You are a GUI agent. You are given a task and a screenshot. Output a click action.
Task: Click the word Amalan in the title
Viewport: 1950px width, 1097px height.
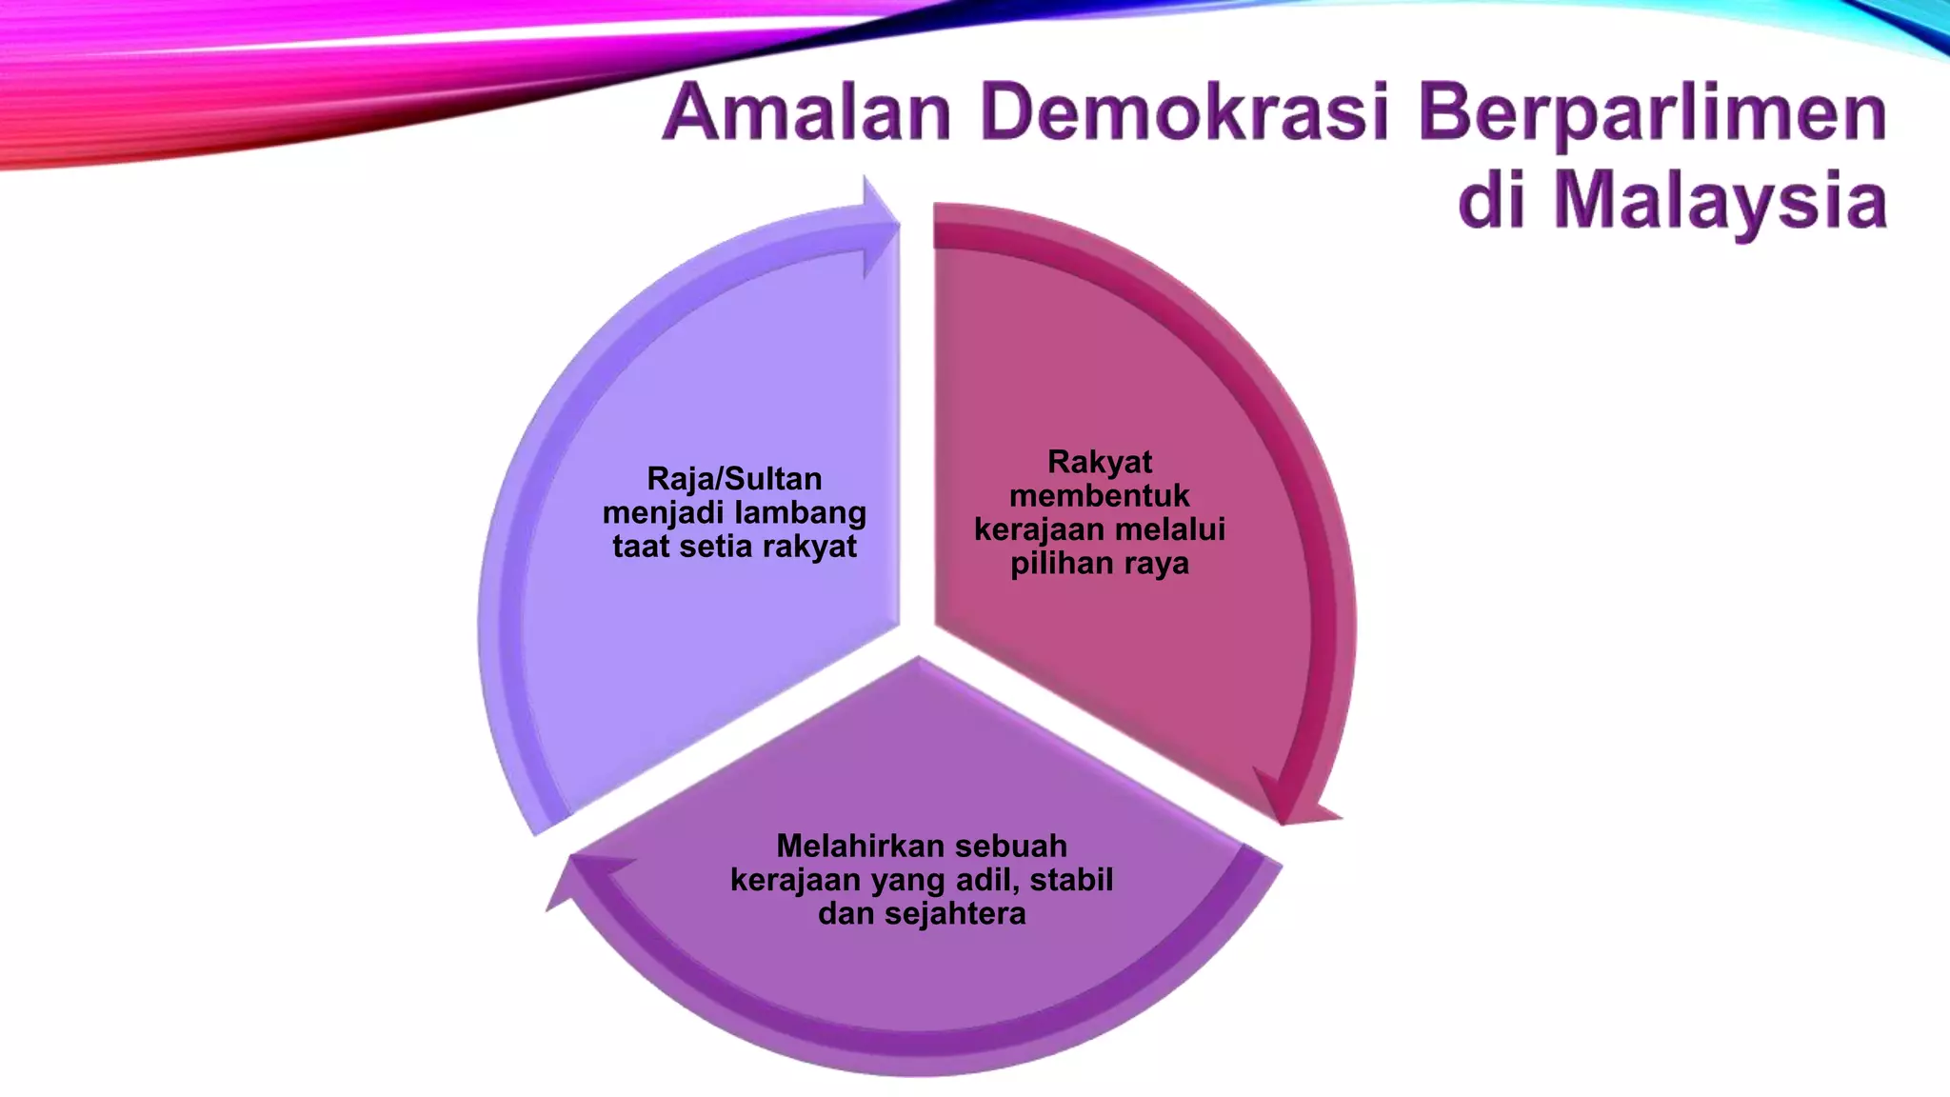tap(807, 113)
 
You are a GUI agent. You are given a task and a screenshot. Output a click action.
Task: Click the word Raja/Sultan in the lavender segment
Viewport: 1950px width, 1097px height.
tap(734, 478)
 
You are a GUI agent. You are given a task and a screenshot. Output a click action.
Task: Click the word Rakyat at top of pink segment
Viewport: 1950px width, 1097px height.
tap(1100, 462)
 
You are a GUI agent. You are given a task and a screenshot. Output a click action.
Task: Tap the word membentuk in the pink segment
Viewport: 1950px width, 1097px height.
tap(1100, 495)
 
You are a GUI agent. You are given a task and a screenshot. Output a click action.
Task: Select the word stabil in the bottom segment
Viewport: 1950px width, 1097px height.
tap(1071, 880)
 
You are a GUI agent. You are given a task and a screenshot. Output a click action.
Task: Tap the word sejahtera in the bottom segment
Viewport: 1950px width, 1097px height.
tap(955, 914)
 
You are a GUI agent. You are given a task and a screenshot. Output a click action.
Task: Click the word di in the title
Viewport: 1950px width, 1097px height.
tap(1493, 201)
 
